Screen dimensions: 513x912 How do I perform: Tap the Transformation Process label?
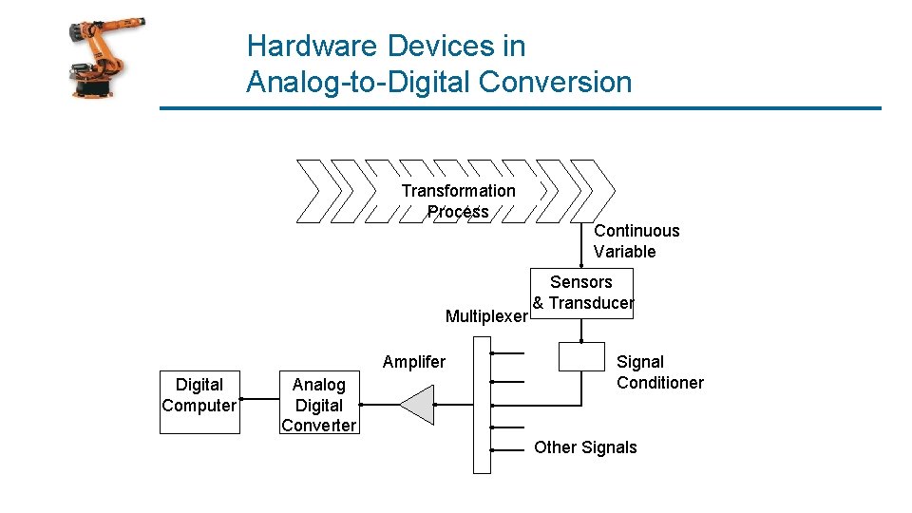pos(458,200)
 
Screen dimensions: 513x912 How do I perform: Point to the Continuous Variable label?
pos(636,241)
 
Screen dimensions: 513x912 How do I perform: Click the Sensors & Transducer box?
pos(581,293)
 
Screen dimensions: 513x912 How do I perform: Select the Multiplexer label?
pos(485,316)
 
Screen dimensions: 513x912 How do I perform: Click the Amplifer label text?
pos(413,362)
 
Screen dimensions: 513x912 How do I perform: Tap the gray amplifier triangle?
pos(418,405)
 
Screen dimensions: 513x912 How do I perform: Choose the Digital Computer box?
pos(199,401)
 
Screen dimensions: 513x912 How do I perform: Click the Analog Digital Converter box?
pos(319,405)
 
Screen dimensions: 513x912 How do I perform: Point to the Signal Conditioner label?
pos(659,372)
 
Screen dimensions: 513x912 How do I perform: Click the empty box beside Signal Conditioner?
pos(581,356)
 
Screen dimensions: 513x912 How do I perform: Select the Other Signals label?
pos(585,447)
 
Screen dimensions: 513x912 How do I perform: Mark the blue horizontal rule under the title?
pos(521,108)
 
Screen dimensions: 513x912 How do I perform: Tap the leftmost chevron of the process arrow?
pos(313,191)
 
